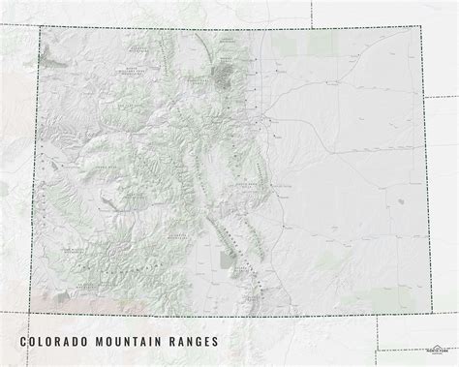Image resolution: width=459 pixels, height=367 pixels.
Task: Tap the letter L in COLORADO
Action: [45, 342]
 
